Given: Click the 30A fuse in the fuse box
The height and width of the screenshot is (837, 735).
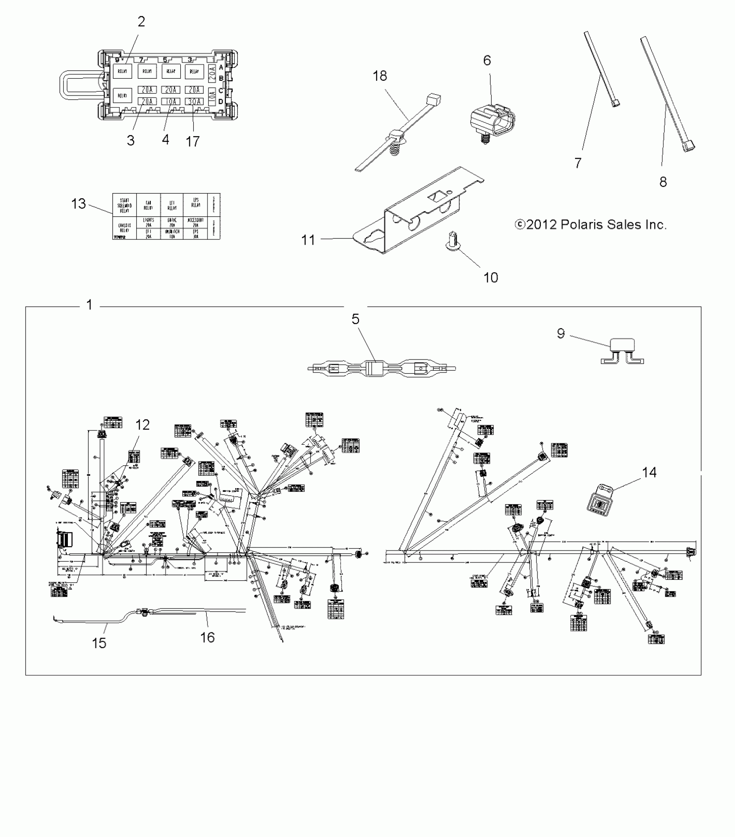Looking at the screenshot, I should point(194,102).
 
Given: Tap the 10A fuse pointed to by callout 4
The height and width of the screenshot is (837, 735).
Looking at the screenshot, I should point(170,102).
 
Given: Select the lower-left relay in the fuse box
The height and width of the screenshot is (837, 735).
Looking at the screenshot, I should point(122,95).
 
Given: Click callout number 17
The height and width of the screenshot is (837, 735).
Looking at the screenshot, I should point(192,141).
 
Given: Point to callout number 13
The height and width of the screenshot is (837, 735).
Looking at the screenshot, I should point(79,204).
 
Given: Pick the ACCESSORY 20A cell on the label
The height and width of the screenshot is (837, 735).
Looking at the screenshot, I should point(195,222).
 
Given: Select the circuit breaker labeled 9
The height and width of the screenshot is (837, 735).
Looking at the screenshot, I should point(622,350).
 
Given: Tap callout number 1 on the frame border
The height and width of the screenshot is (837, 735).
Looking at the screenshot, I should point(89,305).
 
